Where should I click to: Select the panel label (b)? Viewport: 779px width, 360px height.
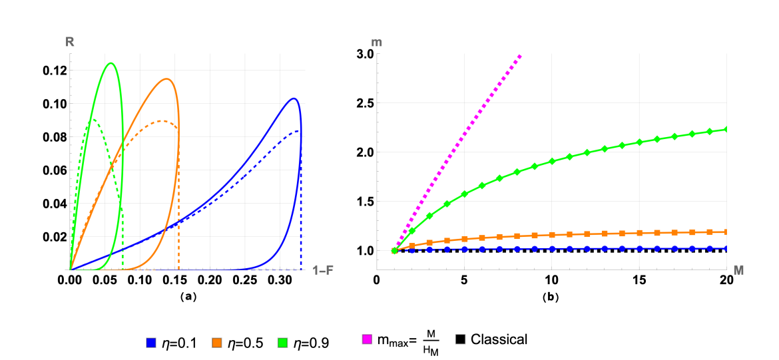pyautogui.click(x=552, y=297)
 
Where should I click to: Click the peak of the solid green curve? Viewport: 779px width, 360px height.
pyautogui.click(x=110, y=63)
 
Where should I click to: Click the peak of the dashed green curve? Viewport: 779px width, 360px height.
pyautogui.click(x=93, y=120)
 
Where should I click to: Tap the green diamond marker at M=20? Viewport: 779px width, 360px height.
pyautogui.click(x=726, y=129)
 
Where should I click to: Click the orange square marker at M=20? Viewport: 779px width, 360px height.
pyautogui.click(x=726, y=232)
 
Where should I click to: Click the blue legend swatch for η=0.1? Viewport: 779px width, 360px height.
pyautogui.click(x=151, y=343)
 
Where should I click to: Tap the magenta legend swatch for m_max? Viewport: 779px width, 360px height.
pyautogui.click(x=366, y=341)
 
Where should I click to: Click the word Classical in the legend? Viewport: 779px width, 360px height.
pyautogui.click(x=499, y=339)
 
